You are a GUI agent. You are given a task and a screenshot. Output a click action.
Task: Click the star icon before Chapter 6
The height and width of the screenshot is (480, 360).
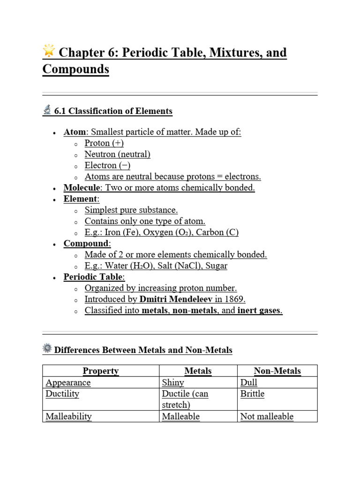pyautogui.click(x=49, y=50)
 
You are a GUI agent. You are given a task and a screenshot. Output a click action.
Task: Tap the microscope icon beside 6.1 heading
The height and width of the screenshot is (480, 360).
pyautogui.click(x=47, y=110)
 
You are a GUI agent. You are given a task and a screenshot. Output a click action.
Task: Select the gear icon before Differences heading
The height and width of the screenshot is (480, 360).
pyautogui.click(x=47, y=348)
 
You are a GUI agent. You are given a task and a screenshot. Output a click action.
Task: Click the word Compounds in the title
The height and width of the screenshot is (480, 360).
pyautogui.click(x=75, y=69)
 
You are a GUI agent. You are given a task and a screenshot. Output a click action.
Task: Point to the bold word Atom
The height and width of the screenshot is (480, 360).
pyautogui.click(x=75, y=132)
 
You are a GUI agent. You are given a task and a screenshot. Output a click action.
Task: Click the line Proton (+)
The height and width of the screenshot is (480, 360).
pyautogui.click(x=104, y=143)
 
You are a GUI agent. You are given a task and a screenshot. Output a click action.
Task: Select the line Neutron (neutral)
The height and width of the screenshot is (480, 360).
pyautogui.click(x=117, y=155)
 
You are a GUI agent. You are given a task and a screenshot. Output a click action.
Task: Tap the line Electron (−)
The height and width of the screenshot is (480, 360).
pyautogui.click(x=107, y=166)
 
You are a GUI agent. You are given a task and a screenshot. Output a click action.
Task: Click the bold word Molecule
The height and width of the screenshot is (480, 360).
pyautogui.click(x=82, y=188)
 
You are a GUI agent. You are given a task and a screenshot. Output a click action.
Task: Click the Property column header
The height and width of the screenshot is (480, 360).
pyautogui.click(x=101, y=371)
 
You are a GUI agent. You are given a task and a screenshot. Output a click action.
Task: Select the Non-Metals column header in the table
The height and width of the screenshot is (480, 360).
pyautogui.click(x=277, y=371)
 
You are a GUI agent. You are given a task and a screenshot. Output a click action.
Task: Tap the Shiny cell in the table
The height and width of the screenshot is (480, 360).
pyautogui.click(x=173, y=383)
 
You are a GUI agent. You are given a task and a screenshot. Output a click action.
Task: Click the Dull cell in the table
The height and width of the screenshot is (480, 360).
pyautogui.click(x=249, y=383)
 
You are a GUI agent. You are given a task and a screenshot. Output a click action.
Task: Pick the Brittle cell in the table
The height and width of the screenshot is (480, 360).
pyautogui.click(x=252, y=394)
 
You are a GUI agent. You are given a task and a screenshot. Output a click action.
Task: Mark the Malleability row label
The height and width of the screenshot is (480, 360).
pyautogui.click(x=68, y=417)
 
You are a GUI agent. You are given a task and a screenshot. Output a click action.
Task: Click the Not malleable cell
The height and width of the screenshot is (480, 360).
pyautogui.click(x=267, y=417)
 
